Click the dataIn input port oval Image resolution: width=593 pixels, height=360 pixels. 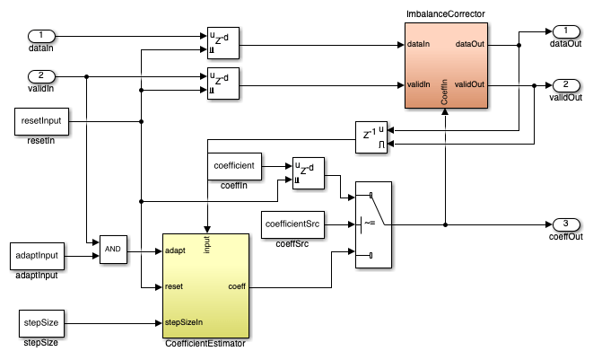(x=41, y=37)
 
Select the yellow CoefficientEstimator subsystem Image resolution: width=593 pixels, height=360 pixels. (x=205, y=284)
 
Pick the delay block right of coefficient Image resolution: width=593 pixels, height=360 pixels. (x=308, y=173)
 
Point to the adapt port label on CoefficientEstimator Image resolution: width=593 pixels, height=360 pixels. (x=176, y=250)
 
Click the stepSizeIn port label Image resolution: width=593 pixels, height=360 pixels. (x=184, y=320)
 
